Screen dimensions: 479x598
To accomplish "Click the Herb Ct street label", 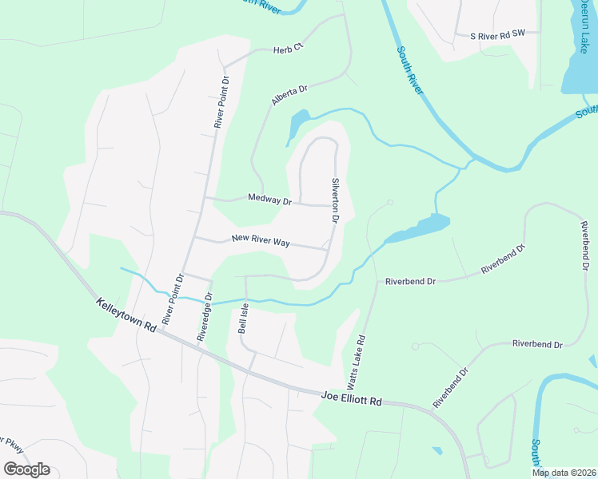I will pyautogui.click(x=289, y=48).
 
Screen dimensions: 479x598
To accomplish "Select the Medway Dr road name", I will pyautogui.click(x=269, y=199).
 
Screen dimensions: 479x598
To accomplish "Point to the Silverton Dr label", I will pyautogui.click(x=336, y=200).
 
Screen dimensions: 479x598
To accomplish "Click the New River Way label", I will pyautogui.click(x=260, y=239).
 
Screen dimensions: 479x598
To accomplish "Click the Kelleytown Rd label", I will pyautogui.click(x=126, y=316).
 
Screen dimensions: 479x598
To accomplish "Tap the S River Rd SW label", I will pyautogui.click(x=497, y=34).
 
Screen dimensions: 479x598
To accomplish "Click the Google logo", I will pyautogui.click(x=26, y=469).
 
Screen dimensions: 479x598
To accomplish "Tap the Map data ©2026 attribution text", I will pyautogui.click(x=564, y=473).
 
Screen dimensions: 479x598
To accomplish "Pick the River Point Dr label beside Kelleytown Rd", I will pyautogui.click(x=173, y=299).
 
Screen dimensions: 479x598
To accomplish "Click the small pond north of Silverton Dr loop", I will pyautogui.click(x=297, y=124).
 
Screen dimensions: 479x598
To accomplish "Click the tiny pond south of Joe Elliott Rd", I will pyautogui.click(x=437, y=451).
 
